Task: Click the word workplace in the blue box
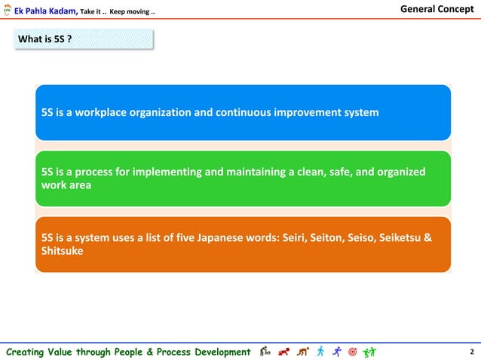110,112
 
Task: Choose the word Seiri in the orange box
295,238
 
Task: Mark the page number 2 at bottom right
471,352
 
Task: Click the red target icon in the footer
352,351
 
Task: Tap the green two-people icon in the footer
369,351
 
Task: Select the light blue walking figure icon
320,351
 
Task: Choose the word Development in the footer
217,352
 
